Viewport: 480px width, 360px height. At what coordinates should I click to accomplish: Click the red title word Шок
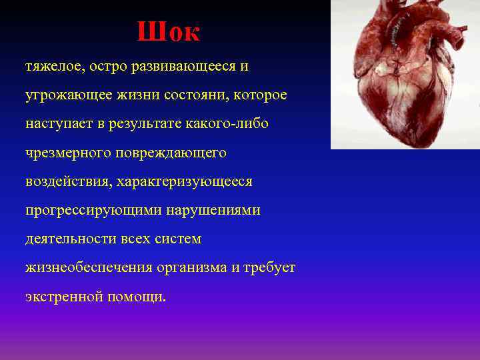click(168, 32)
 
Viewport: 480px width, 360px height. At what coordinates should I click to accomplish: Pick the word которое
click(261, 96)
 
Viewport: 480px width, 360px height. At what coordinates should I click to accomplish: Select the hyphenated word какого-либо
click(230, 125)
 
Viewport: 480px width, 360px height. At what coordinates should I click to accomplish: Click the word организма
click(191, 268)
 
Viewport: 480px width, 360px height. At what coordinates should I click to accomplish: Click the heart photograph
click(405, 73)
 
